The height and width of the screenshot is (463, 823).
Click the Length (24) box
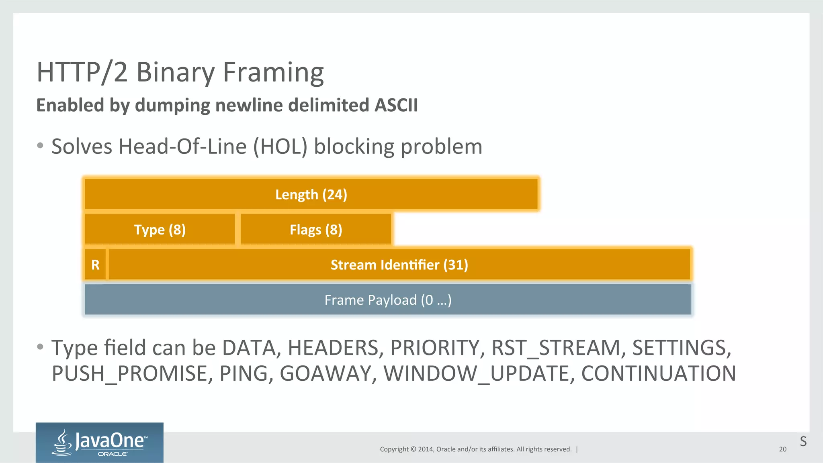coord(311,194)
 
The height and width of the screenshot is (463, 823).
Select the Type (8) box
coord(160,230)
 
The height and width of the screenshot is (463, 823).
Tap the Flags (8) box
coord(316,230)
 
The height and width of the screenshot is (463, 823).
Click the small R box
coord(95,265)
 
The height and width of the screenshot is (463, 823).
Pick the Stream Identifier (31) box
coord(399,265)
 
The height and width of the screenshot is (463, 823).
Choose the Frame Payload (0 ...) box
coord(388,300)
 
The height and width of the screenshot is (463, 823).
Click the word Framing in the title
coord(273,73)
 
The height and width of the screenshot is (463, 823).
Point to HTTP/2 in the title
coord(82,73)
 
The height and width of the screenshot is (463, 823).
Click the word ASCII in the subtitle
coord(396,105)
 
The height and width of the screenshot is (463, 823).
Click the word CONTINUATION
coord(658,373)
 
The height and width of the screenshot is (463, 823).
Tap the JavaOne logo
coord(99,443)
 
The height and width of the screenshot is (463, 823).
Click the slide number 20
coord(782,449)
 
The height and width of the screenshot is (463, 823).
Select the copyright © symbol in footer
coord(413,449)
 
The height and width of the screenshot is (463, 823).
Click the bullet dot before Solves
coord(40,146)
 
